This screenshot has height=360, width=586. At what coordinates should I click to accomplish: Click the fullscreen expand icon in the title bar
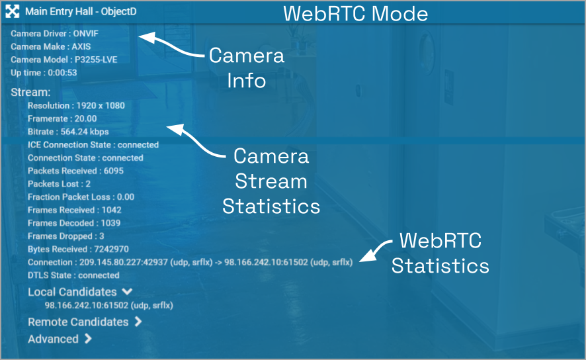pos(12,12)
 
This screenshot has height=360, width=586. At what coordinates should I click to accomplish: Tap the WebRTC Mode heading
pos(356,13)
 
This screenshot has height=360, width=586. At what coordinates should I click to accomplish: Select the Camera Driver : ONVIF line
pos(54,33)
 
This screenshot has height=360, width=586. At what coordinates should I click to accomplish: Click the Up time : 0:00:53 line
pos(44,73)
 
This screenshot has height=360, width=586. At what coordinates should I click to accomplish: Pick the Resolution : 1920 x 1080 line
pos(76,105)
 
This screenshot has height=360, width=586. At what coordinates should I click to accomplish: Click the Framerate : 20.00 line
pos(62,118)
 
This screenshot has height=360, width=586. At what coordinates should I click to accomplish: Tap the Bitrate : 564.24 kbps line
pos(68,132)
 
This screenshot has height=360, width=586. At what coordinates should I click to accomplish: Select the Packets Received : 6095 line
pos(75,171)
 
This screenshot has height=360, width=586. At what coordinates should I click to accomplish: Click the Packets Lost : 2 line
pos(59,184)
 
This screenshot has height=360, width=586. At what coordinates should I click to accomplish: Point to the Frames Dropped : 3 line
pos(66,236)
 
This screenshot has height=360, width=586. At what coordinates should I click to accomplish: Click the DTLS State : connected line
pos(73,275)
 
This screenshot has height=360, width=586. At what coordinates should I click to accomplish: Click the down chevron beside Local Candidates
pos(127,291)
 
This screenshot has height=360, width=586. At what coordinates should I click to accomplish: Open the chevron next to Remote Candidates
pos(138,322)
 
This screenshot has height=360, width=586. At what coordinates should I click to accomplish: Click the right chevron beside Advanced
pos(88,339)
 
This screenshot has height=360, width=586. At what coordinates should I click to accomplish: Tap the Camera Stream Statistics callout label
pos(271,181)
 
